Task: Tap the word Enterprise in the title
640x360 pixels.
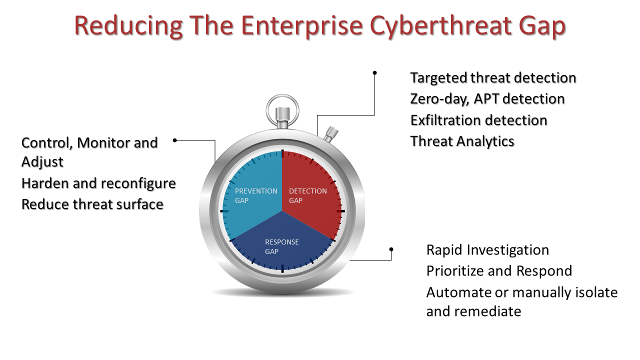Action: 302,25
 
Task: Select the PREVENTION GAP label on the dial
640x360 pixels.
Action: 256,195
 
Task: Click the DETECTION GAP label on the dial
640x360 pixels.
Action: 307,195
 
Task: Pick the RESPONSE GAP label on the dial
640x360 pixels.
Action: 281,246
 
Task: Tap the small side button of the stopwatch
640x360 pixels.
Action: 331,133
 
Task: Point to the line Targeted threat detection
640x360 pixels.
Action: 493,78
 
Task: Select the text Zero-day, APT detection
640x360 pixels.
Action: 487,99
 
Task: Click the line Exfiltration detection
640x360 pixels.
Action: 479,120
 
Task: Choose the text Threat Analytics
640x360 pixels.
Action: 462,141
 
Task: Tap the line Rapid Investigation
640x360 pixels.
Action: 487,250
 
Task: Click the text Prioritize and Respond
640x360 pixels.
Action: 499,271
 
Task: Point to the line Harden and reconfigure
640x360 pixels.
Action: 98,183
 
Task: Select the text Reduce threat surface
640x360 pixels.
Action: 92,204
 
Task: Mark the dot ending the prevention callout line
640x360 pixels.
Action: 175,140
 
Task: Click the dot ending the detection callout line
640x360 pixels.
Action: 374,73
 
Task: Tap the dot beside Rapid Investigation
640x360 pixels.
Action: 391,249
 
